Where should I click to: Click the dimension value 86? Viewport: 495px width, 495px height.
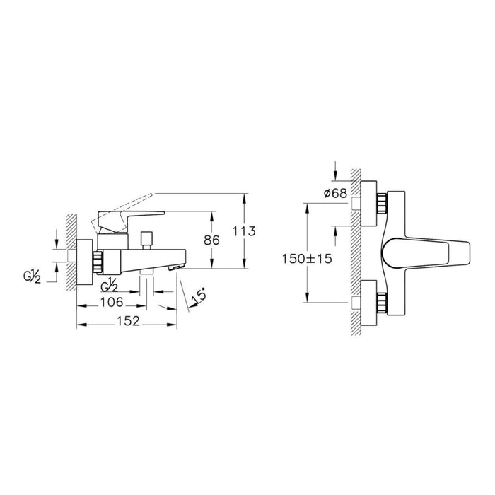(211, 240)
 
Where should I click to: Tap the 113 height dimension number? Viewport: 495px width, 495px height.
(244, 232)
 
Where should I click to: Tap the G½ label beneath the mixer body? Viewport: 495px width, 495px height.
(110, 286)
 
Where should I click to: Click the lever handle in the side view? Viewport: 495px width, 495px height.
(131, 216)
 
